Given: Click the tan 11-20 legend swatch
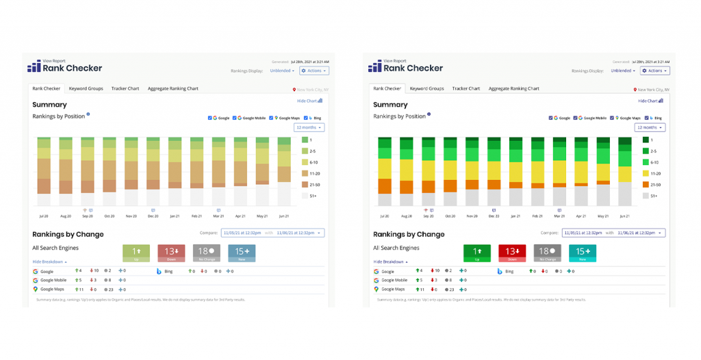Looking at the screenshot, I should click(x=305, y=174).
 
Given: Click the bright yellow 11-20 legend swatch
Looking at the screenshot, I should click(x=646, y=174).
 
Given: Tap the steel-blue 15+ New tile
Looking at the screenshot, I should click(x=241, y=253).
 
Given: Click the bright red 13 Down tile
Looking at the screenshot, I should click(x=511, y=253).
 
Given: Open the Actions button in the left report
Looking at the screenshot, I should click(x=314, y=70).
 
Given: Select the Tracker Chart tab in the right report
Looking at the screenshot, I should click(x=466, y=88).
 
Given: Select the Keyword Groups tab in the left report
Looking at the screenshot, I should click(x=86, y=88).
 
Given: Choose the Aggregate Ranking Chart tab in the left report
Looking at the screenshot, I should click(x=173, y=88).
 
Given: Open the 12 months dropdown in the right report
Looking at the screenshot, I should click(x=650, y=127).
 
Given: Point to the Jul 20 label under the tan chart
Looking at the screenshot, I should click(x=44, y=216).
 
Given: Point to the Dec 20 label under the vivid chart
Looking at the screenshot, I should click(x=494, y=216).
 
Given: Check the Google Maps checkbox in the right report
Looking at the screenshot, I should click(x=615, y=118).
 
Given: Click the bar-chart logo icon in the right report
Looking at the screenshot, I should click(x=374, y=66).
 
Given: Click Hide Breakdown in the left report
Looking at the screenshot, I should click(x=49, y=261).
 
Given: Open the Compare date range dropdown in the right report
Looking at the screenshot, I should click(x=613, y=233).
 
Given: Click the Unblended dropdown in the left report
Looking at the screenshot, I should click(x=281, y=70).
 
